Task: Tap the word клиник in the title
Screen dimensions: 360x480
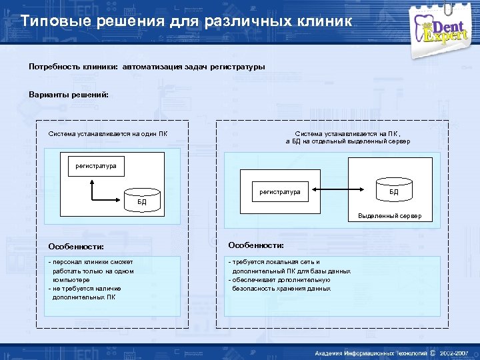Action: (x=327, y=21)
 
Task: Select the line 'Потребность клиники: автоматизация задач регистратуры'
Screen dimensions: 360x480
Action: (x=147, y=67)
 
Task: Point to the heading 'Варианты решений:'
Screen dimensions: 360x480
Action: (x=69, y=94)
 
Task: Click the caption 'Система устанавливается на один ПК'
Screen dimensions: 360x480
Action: (x=108, y=134)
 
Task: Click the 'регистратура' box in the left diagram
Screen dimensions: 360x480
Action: (x=95, y=165)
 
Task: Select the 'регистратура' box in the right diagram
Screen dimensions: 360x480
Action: (x=279, y=192)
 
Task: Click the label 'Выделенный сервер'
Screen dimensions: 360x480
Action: (x=395, y=216)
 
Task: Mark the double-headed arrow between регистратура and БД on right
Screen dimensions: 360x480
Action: (x=347, y=192)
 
